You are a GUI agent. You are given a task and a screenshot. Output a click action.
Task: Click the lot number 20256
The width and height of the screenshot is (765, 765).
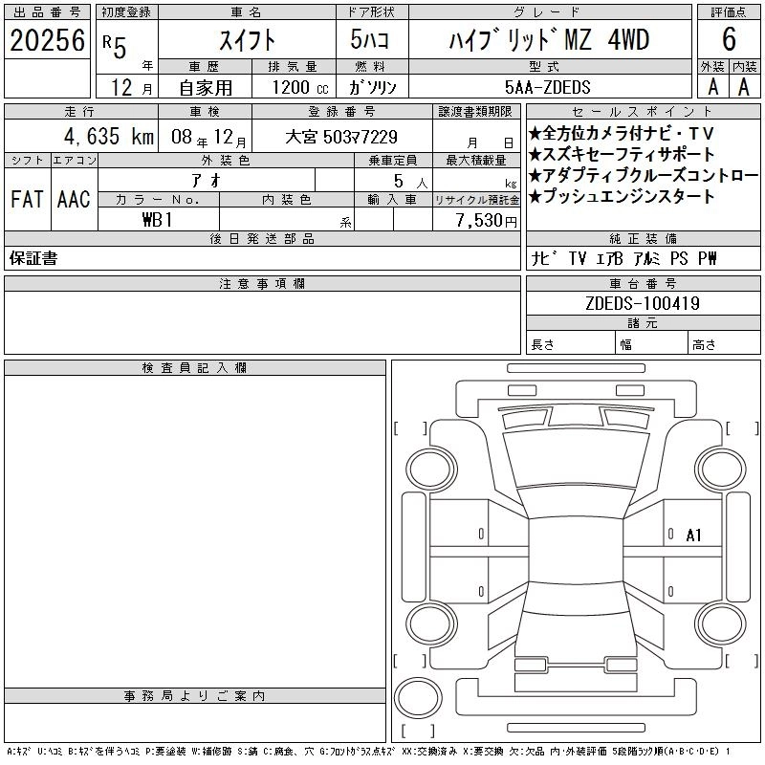(47, 40)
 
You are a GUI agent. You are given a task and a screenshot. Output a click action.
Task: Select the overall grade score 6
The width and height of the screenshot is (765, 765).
(729, 39)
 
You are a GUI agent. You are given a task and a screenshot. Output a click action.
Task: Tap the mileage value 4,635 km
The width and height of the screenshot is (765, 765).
(109, 136)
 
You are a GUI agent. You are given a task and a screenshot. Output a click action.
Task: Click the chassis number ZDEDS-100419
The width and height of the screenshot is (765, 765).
(643, 303)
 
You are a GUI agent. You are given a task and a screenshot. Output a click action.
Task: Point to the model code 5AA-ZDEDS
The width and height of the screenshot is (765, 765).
(547, 87)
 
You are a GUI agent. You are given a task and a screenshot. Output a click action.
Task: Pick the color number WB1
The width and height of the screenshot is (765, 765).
(157, 220)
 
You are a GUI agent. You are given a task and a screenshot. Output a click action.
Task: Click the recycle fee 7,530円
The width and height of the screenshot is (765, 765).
(486, 221)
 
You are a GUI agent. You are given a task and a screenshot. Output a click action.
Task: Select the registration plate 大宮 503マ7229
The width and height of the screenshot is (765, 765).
(341, 137)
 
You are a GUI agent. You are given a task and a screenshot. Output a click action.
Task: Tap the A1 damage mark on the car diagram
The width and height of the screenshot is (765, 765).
(693, 535)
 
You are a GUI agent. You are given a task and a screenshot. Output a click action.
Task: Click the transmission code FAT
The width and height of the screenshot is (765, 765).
(27, 199)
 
